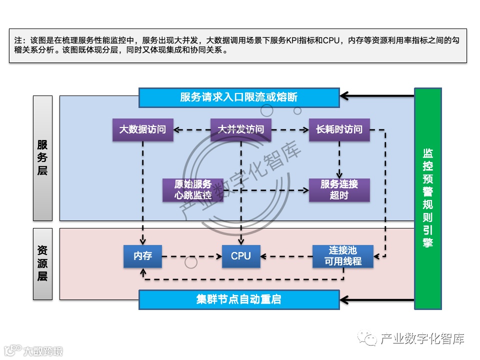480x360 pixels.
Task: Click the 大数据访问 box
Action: [142, 129]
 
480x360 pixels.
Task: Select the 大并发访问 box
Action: [240, 129]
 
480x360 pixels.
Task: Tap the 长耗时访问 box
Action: [339, 129]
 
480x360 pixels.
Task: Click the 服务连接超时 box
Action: [339, 190]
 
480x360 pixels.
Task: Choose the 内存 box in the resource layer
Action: [142, 256]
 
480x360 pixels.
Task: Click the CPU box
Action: [240, 256]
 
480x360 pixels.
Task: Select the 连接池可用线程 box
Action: [343, 256]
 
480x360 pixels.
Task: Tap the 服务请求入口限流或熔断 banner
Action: [238, 97]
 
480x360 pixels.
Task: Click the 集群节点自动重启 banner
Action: [238, 300]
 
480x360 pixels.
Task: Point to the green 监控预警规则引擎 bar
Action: [428, 198]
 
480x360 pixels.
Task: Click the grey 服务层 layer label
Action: [42, 158]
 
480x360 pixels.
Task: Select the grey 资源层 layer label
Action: [42, 263]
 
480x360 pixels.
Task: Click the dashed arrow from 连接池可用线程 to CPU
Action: [287, 257]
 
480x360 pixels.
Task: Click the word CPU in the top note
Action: [331, 40]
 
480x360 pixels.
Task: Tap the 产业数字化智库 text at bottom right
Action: [422, 339]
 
